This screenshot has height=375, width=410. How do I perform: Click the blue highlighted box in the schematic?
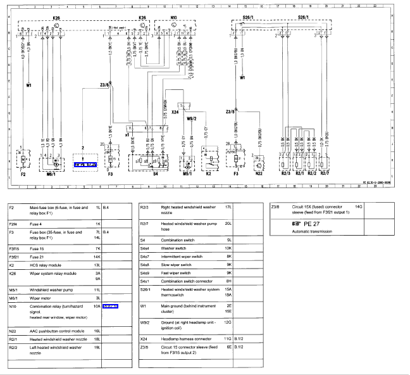tap(84, 164)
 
